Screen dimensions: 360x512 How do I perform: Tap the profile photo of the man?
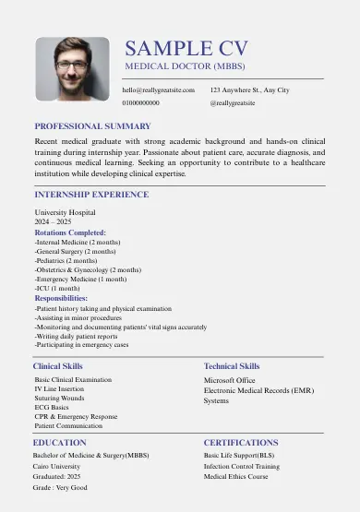tap(73, 68)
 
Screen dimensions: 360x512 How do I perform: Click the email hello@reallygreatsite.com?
tap(159, 90)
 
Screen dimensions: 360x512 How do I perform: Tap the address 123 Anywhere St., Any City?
tap(249, 90)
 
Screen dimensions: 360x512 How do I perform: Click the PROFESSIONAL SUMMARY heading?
tap(92, 125)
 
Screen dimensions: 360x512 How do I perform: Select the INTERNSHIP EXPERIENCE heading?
tap(91, 195)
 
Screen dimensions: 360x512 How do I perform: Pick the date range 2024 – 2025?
tap(53, 222)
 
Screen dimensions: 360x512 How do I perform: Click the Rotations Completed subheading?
tap(70, 232)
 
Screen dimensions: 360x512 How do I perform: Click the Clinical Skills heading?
tap(58, 366)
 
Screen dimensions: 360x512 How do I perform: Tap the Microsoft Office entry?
tap(230, 380)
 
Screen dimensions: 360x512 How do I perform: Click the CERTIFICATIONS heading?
tap(241, 443)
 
